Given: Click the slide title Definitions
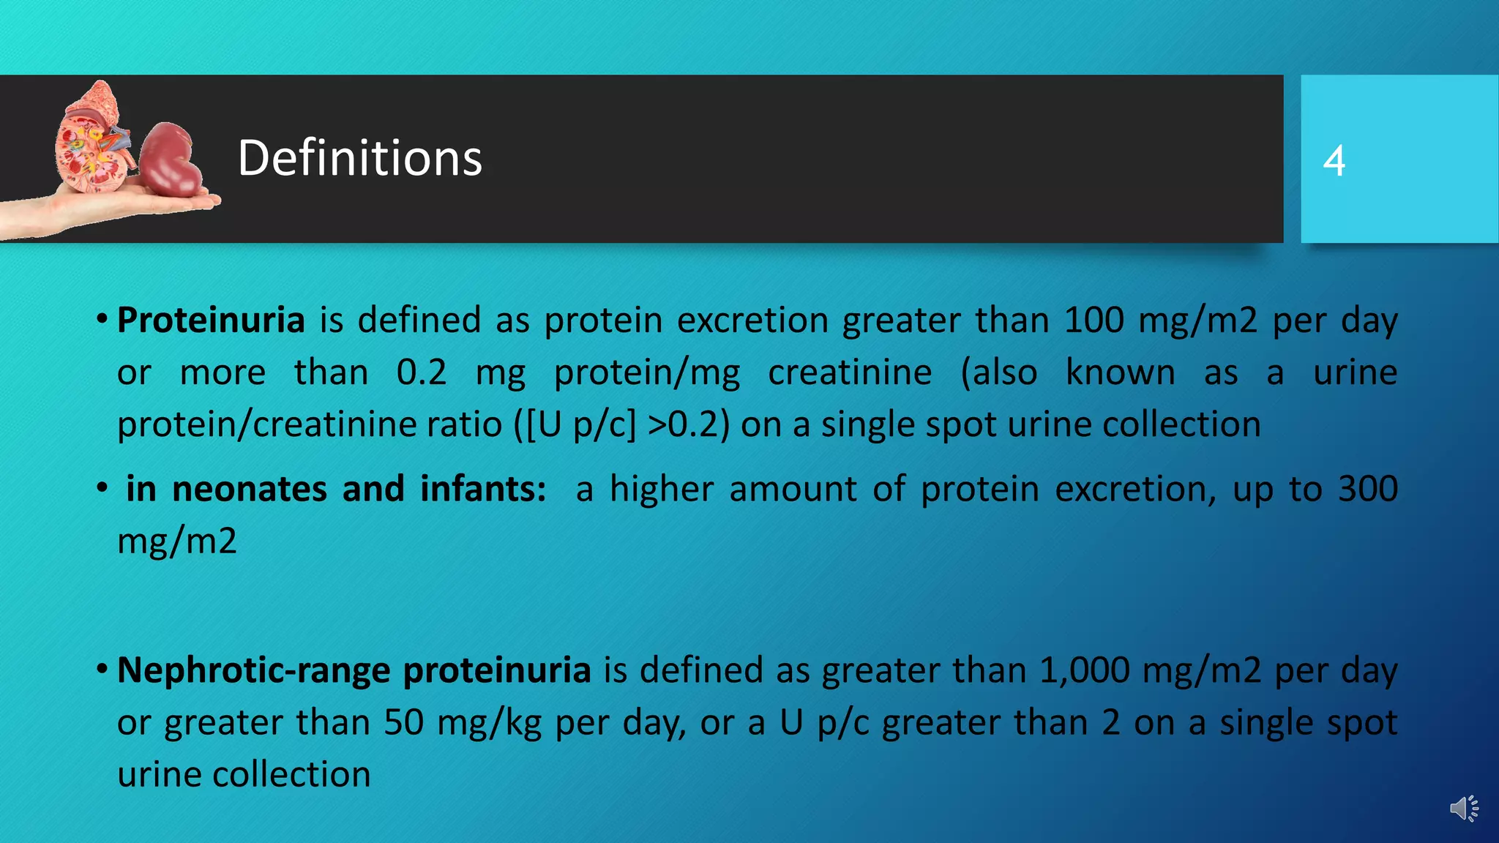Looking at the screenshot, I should point(359,158).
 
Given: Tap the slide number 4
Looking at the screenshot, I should point(1334,161).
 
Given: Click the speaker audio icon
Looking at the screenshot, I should point(1464,809).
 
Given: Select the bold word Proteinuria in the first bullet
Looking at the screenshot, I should point(211,321).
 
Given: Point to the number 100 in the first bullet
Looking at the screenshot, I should point(1094,321).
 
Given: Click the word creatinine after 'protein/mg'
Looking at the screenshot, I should point(850,372).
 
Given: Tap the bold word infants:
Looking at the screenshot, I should point(483,489).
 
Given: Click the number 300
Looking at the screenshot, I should point(1368,489).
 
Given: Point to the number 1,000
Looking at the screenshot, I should point(1084,670).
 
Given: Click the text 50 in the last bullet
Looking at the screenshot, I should point(404,723).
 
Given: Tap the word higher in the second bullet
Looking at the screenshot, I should point(661,489).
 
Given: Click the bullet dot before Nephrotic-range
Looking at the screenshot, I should point(102,669).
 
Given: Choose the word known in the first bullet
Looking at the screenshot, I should point(1120,372).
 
